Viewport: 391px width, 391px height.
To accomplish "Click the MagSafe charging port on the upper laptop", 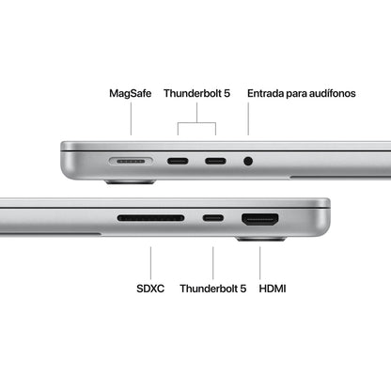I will [132, 162].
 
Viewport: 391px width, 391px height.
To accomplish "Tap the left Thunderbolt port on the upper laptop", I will [178, 162].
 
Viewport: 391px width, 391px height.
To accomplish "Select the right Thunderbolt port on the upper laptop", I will [214, 162].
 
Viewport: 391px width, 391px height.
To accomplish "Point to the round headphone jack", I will [248, 162].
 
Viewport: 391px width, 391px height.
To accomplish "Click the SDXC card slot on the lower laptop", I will [150, 219].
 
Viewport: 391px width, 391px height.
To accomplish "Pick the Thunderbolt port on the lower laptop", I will [213, 219].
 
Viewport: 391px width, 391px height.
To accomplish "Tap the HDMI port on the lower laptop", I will [260, 220].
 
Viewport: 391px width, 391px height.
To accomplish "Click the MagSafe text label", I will [131, 94].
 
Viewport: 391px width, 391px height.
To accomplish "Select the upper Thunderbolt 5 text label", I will [195, 94].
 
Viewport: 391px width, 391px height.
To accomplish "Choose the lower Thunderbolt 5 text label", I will [211, 289].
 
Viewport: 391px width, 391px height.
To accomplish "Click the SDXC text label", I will [150, 289].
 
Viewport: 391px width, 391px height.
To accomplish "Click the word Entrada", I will [268, 94].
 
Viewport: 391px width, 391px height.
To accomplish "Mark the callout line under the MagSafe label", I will [132, 120].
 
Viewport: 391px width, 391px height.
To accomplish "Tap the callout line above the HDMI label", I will [261, 262].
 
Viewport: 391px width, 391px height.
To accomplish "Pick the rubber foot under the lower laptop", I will [260, 239].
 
